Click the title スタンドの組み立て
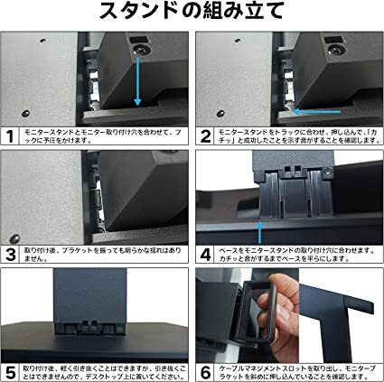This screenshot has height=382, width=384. point(192,14)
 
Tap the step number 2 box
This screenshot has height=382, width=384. point(205,137)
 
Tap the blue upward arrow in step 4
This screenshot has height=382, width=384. point(259,227)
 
